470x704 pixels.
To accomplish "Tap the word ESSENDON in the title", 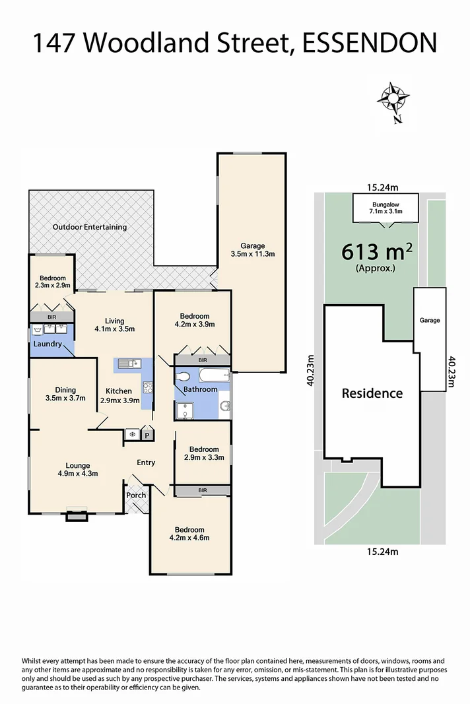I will pos(370,44).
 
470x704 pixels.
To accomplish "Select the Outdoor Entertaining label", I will pos(90,227).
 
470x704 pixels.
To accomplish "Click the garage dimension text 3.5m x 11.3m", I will pos(253,253).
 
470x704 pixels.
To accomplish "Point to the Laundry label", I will pos(48,344).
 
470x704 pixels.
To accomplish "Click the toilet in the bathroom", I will pos(184,376).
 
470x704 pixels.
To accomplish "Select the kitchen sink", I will pos(129,362).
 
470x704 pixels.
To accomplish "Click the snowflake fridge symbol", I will pos(131,435).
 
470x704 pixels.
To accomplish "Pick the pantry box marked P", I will pos(147,435).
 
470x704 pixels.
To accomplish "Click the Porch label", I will pos(136,495).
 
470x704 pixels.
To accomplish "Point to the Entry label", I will pos(146,463).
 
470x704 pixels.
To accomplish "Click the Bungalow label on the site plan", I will pos(386,203).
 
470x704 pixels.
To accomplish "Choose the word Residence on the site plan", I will pos(372,393).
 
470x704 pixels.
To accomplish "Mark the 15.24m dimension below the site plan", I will pos(380,552).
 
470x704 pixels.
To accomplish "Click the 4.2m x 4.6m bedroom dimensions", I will pos(189,538).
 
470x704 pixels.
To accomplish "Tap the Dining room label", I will pos(65,390).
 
